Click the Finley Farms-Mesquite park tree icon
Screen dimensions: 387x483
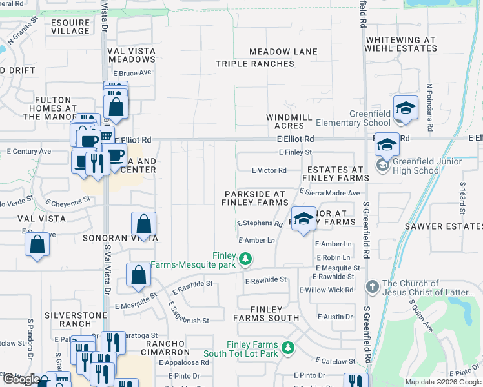click(245, 259)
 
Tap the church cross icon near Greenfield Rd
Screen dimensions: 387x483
click(371, 286)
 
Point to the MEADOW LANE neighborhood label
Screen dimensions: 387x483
click(283, 52)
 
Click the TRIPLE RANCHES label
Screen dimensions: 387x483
click(254, 64)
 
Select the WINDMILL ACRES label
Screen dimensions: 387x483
click(289, 122)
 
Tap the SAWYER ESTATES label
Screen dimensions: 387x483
click(444, 226)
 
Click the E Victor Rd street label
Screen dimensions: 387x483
click(269, 170)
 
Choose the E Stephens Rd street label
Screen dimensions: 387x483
click(260, 224)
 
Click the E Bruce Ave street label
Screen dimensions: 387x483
click(132, 73)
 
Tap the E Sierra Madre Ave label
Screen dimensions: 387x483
click(329, 192)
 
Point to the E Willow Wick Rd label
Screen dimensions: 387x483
click(326, 290)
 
